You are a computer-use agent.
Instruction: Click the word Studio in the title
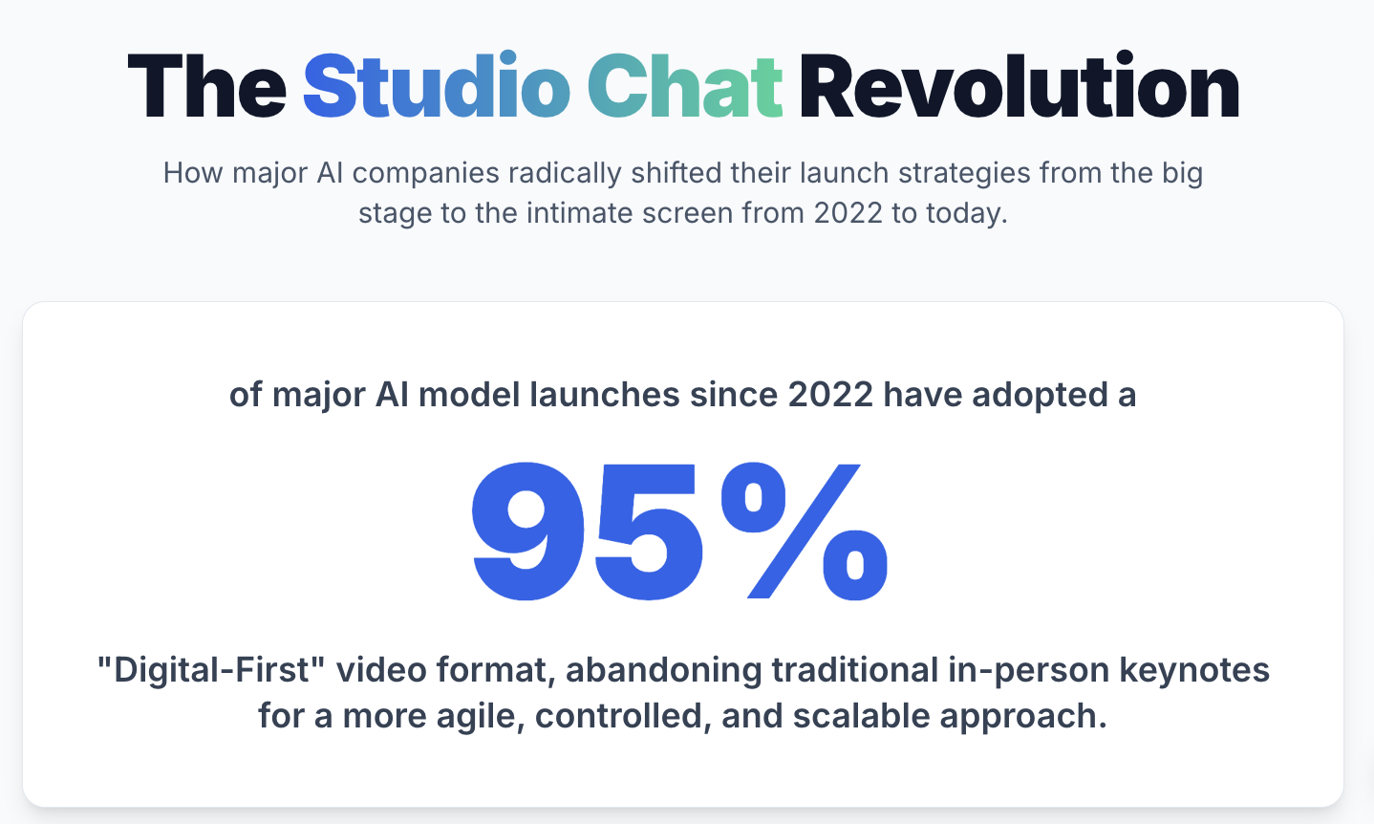point(436,87)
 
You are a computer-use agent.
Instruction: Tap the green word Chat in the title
point(684,87)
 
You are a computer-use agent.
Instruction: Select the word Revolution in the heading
point(1019,87)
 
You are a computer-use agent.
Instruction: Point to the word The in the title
point(206,87)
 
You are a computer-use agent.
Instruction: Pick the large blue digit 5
point(646,531)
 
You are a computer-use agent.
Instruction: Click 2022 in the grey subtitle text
point(848,212)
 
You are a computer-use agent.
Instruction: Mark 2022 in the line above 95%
point(830,395)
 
